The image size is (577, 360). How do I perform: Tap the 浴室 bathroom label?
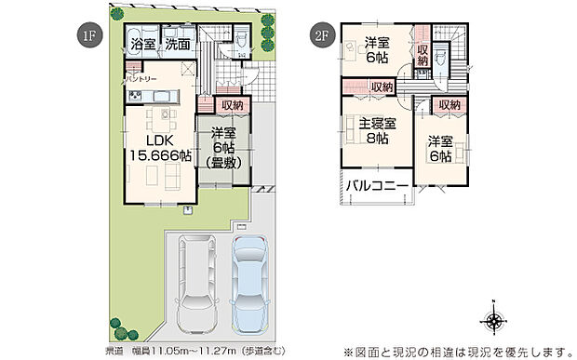[143, 44]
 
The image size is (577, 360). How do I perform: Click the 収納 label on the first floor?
[233, 105]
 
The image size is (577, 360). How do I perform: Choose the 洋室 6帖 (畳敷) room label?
[223, 147]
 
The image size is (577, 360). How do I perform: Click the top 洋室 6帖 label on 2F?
[376, 48]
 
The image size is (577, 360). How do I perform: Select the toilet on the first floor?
[240, 39]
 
